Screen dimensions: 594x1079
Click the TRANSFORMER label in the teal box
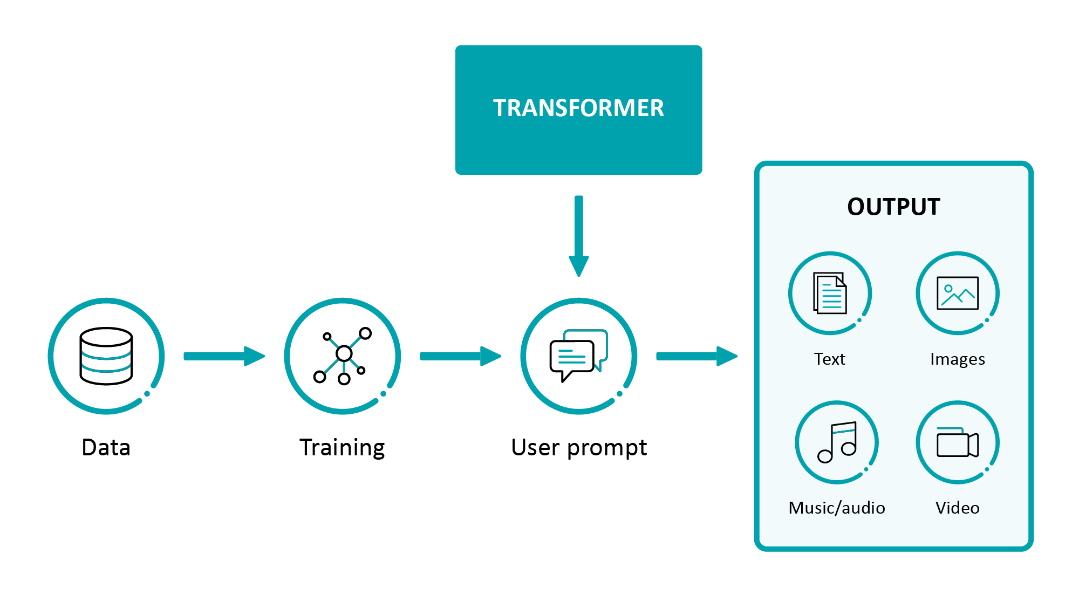(x=578, y=108)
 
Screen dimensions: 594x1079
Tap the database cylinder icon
(x=106, y=356)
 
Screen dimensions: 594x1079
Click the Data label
(x=106, y=447)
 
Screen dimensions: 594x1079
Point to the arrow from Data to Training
(x=224, y=356)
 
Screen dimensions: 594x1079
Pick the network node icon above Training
(x=343, y=356)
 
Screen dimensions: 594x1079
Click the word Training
(x=342, y=447)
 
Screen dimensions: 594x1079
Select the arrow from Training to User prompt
(x=460, y=356)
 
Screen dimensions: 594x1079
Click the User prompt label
(x=579, y=447)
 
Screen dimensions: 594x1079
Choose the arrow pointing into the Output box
(x=696, y=356)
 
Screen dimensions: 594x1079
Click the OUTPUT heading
(x=893, y=207)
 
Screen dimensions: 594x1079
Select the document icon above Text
(x=830, y=293)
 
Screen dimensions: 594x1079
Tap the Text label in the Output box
(x=830, y=359)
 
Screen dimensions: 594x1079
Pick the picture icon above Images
(x=958, y=293)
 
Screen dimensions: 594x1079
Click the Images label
(x=958, y=359)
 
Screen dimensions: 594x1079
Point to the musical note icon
(x=837, y=442)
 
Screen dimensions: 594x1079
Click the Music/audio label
(x=837, y=508)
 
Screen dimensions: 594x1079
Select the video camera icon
(x=958, y=443)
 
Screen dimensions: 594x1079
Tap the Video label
(x=958, y=508)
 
